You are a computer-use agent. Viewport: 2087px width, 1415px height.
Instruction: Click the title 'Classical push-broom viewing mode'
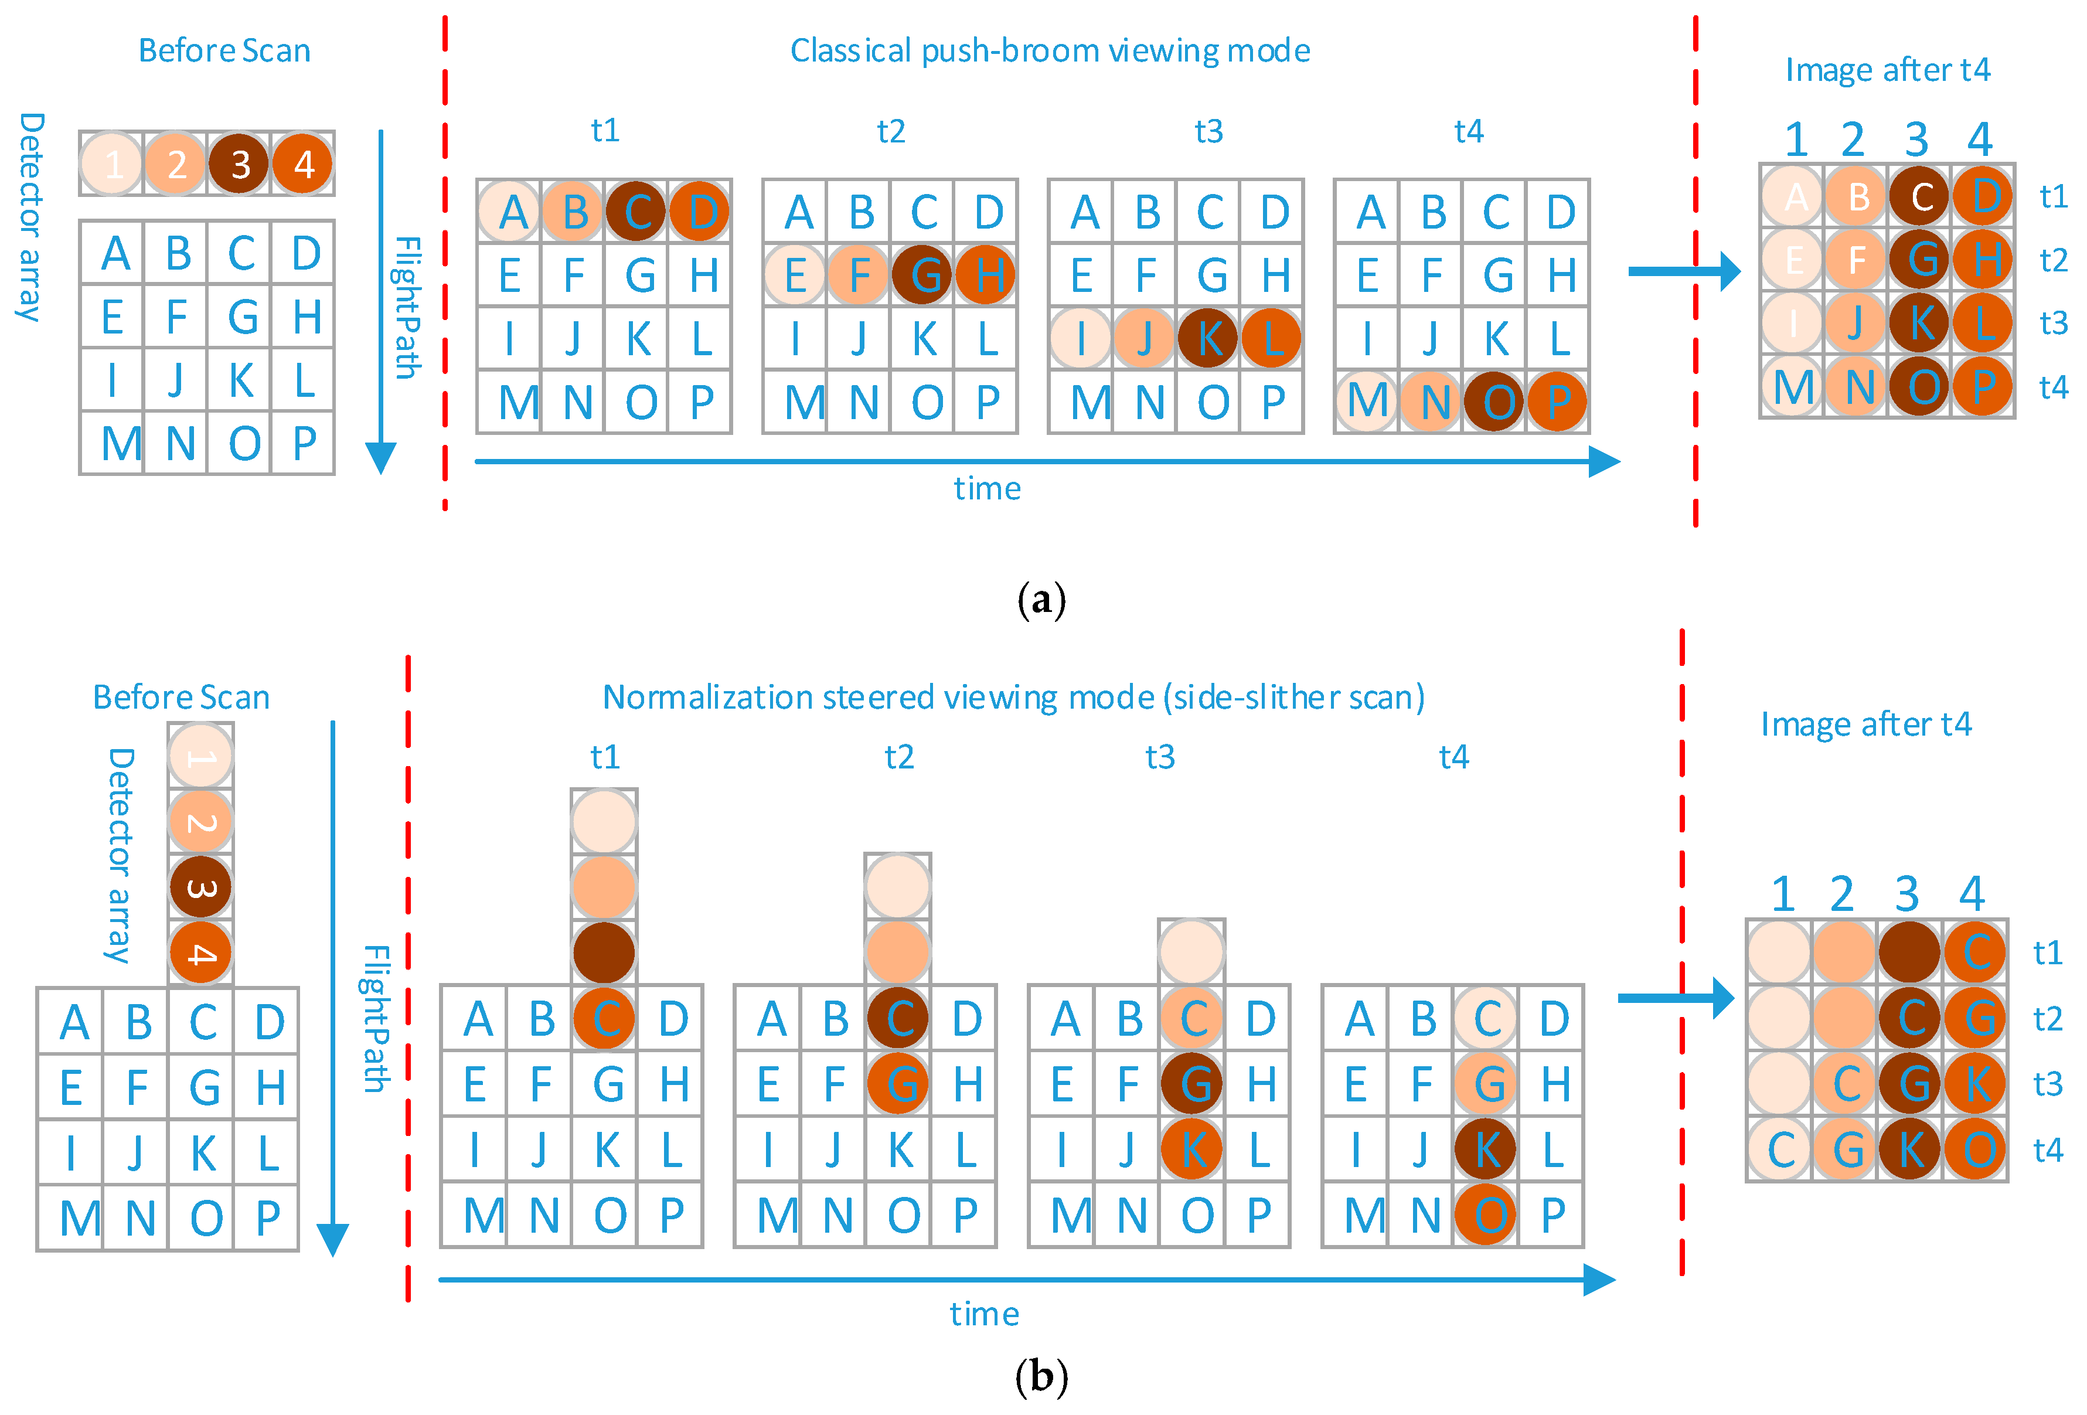pyautogui.click(x=1049, y=50)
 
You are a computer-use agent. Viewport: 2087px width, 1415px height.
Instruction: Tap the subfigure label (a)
pyautogui.click(x=1041, y=598)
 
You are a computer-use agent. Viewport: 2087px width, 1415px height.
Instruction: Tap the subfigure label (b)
pyautogui.click(x=1041, y=1376)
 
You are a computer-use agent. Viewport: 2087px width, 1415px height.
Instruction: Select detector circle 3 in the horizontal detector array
pyautogui.click(x=239, y=164)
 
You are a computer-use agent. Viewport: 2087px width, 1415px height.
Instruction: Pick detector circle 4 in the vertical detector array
pyautogui.click(x=200, y=953)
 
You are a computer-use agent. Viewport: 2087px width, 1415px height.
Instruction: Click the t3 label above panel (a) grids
pyautogui.click(x=1208, y=131)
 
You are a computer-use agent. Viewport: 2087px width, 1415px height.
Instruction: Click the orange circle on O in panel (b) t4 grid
pyautogui.click(x=1486, y=1215)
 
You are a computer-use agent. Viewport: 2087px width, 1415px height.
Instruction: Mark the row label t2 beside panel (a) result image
pyautogui.click(x=2054, y=260)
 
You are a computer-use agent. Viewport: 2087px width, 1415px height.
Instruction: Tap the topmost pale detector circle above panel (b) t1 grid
pyautogui.click(x=604, y=821)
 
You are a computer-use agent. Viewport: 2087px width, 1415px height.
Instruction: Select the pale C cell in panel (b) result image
pyautogui.click(x=1780, y=1150)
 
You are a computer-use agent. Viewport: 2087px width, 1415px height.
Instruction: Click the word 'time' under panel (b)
pyautogui.click(x=984, y=1314)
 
